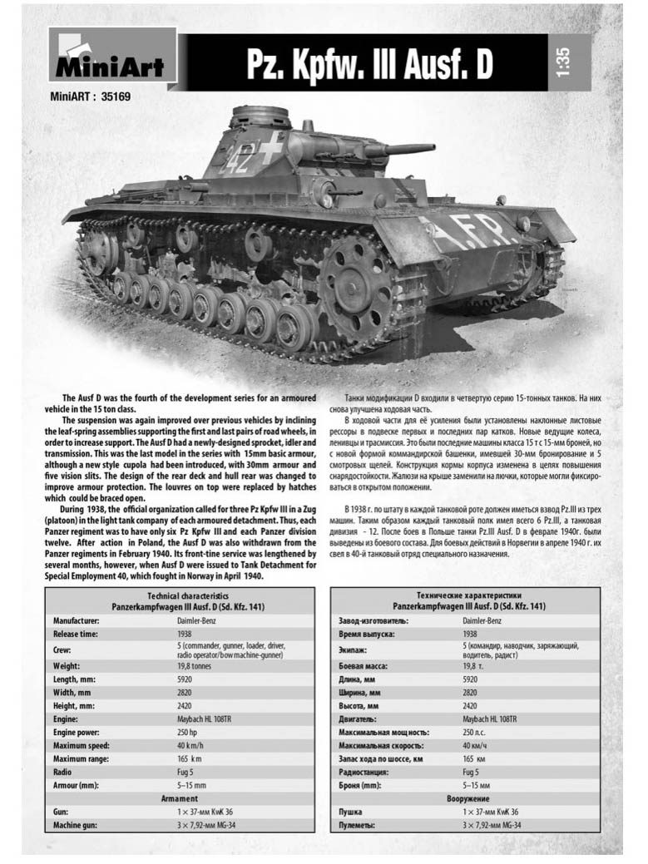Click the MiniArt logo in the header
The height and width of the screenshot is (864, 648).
coord(112,58)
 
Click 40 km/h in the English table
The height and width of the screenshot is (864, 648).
coord(190,746)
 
